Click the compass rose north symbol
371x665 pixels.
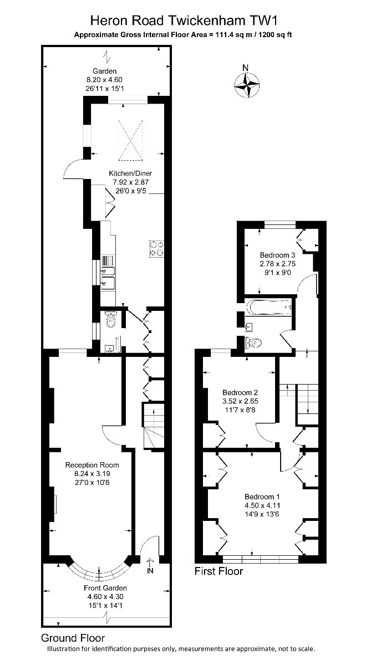click(x=247, y=86)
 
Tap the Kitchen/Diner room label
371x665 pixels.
click(x=130, y=173)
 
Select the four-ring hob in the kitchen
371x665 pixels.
click(x=156, y=249)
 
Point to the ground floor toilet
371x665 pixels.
click(x=111, y=319)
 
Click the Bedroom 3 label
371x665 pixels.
click(x=277, y=255)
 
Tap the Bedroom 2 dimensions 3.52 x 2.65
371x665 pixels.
click(x=240, y=401)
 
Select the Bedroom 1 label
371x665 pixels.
click(x=262, y=497)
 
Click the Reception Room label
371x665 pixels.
click(x=92, y=465)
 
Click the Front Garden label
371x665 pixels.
click(x=105, y=588)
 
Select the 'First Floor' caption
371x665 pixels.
click(x=218, y=571)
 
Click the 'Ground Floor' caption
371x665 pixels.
click(x=73, y=638)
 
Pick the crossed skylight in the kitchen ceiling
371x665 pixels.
click(x=131, y=140)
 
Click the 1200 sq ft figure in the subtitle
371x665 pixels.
click(x=276, y=35)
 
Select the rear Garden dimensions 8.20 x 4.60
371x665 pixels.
click(x=104, y=80)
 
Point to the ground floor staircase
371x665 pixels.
click(x=154, y=427)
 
